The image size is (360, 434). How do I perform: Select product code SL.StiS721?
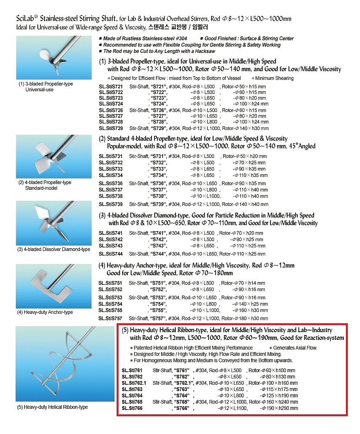pos(111,87)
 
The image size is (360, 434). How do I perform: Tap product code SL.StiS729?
pos(111,128)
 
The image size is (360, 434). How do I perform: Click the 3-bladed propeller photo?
pos(54,57)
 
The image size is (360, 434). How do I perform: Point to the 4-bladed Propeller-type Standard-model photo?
pos(54,157)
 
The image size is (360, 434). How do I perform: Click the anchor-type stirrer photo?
pos(54,286)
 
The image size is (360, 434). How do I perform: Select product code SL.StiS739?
pos(111,204)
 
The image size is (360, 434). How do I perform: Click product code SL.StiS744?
pos(111,254)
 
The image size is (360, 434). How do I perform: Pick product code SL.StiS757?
pos(111,318)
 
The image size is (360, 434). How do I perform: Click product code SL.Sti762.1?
pos(134,383)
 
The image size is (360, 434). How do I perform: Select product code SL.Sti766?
pos(132,408)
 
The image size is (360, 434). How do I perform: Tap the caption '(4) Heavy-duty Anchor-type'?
pos(45,312)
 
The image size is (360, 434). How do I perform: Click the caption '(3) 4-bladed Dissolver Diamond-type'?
pos(54,249)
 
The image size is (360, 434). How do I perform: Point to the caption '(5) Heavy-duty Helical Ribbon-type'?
pos(53,407)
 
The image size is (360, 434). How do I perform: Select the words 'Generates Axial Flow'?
pos(295,348)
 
